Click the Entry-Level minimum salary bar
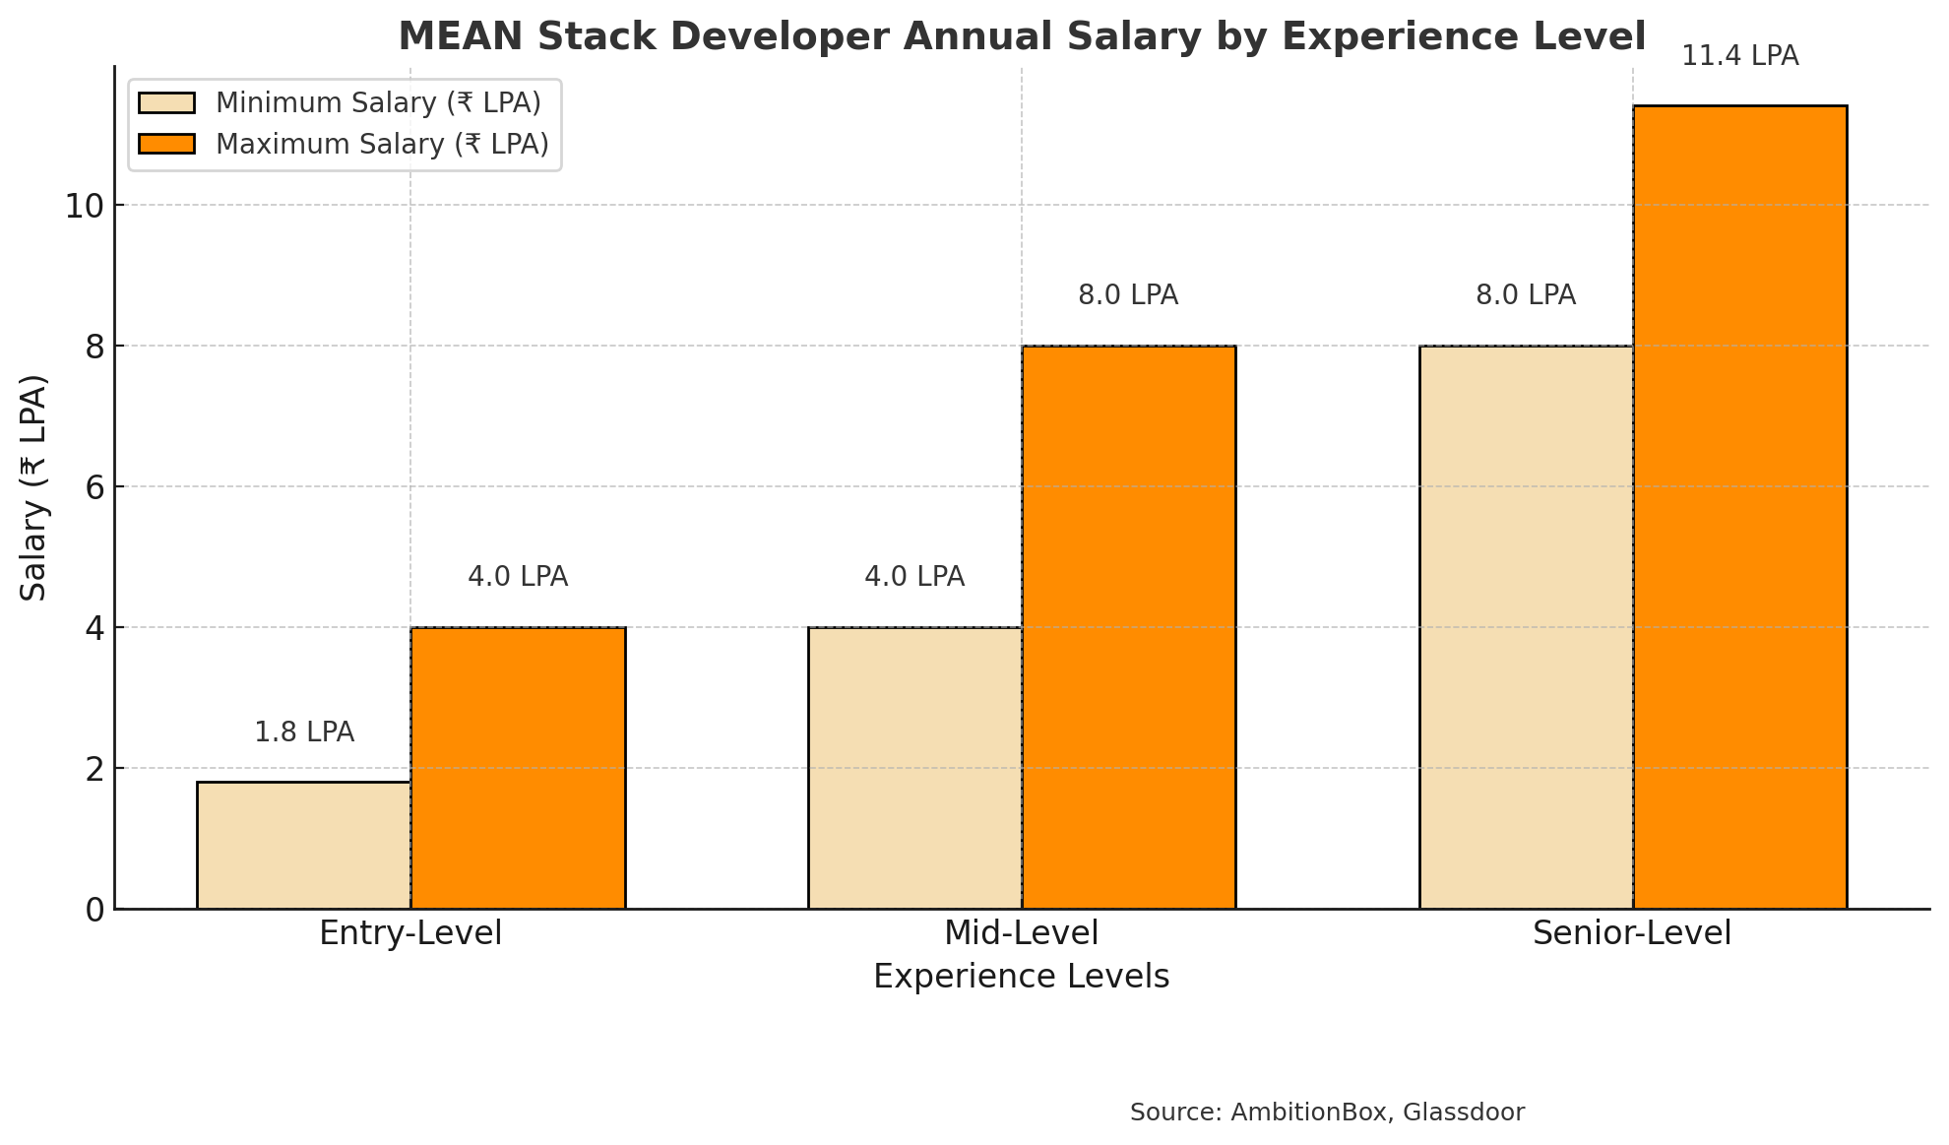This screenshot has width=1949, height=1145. click(x=303, y=845)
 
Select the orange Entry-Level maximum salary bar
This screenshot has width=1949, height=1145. click(x=518, y=768)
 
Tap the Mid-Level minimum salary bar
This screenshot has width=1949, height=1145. click(x=914, y=768)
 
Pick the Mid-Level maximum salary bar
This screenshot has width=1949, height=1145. click(x=1128, y=627)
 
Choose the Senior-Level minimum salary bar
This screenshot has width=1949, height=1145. click(x=1526, y=627)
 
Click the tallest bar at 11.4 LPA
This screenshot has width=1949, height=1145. click(x=1739, y=507)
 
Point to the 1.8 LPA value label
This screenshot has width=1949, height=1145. click(x=304, y=732)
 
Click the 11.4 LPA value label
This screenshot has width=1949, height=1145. click(x=1739, y=56)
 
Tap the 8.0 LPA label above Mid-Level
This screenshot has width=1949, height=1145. click(x=1128, y=295)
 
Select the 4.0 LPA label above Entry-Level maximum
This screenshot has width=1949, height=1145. click(x=518, y=577)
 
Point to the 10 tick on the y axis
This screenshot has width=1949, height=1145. click(x=84, y=206)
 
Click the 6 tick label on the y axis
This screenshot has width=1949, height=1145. click(x=94, y=487)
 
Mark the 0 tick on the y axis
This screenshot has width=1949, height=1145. click(x=94, y=910)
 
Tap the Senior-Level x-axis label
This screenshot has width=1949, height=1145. click(x=1631, y=933)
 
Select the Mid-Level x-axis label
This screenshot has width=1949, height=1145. click(x=1021, y=933)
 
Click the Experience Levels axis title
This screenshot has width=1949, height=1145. click(x=1021, y=977)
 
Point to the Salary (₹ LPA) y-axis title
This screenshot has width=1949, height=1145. click(x=34, y=487)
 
